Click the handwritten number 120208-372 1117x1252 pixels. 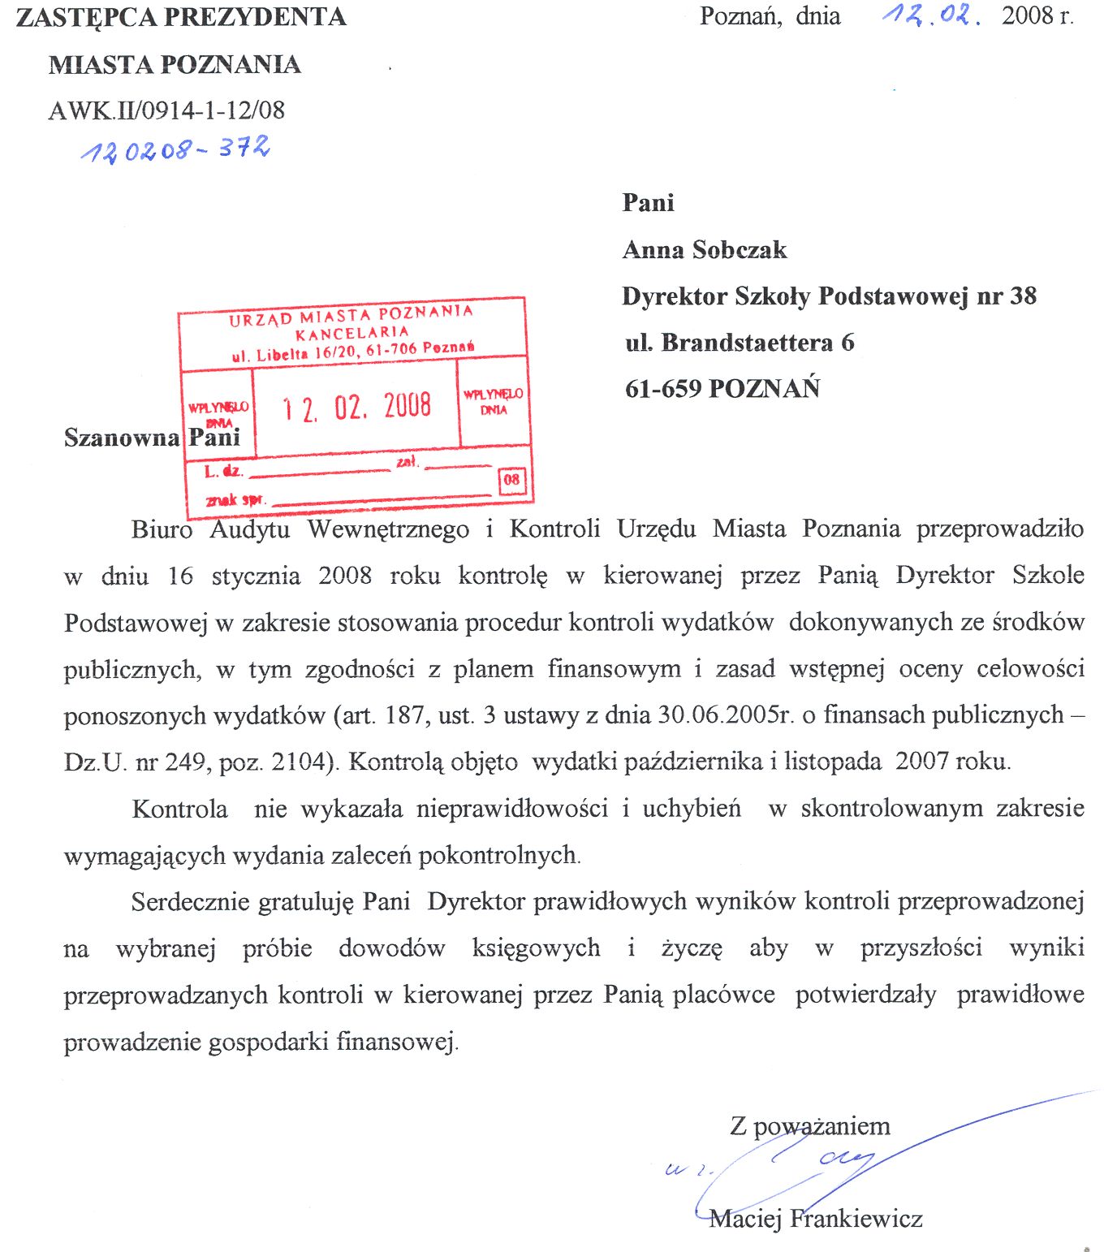[175, 149]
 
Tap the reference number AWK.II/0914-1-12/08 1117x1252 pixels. [166, 110]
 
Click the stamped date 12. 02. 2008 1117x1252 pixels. [356, 406]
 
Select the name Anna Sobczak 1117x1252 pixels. [704, 249]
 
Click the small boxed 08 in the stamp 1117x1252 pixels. [511, 480]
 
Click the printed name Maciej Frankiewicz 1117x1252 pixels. [815, 1219]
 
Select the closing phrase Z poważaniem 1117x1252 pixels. [809, 1126]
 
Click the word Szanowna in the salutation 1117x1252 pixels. [122, 438]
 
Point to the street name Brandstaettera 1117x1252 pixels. [747, 343]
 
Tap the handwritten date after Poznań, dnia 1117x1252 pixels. [931, 15]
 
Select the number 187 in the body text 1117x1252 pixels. [403, 715]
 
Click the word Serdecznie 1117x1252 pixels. [192, 902]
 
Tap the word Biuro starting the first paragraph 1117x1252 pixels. [162, 530]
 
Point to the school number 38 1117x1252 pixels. [1023, 296]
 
